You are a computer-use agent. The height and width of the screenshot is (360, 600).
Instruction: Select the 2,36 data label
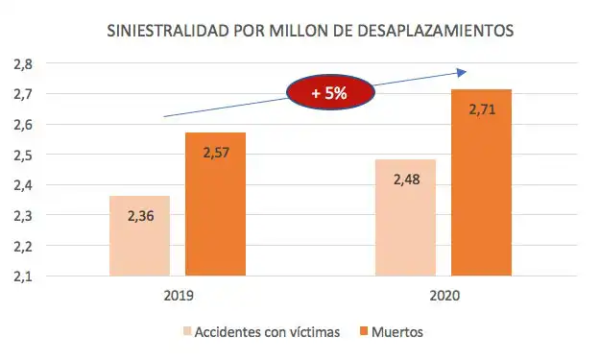(x=141, y=215)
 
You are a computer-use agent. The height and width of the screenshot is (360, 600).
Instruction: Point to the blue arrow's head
(x=462, y=72)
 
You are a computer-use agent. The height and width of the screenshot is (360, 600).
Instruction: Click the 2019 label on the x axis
(x=179, y=298)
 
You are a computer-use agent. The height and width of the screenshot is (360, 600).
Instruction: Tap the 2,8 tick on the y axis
(x=22, y=63)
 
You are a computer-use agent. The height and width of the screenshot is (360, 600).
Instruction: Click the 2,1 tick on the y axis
(x=22, y=276)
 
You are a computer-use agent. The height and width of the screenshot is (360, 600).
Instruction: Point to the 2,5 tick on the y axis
(x=22, y=155)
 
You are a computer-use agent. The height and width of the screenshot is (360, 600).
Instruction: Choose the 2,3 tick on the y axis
(x=22, y=216)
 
